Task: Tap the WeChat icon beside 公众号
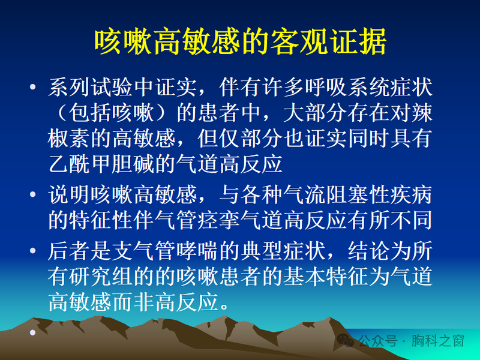tap(347, 341)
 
